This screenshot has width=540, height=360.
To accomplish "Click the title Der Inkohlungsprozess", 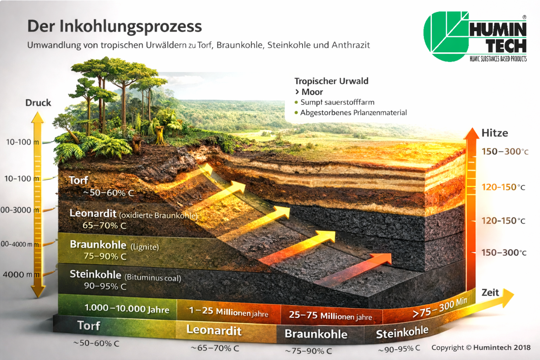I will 115,27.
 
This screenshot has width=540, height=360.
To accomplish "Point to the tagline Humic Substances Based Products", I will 498,59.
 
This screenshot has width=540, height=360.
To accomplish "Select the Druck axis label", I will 38,103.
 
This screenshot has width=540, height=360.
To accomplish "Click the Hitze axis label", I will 495,133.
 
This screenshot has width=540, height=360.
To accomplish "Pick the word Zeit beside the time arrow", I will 490,292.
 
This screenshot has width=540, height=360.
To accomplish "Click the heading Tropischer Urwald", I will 331,81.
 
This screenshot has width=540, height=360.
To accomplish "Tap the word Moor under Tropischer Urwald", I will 312,92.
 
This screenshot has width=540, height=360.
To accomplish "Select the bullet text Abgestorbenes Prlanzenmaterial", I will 353,113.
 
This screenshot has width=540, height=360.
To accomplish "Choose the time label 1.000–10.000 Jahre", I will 127,309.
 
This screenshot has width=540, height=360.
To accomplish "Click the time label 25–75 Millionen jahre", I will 330,316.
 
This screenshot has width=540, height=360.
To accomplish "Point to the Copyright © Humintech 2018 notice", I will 481,348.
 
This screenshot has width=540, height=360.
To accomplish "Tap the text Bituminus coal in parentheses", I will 153,277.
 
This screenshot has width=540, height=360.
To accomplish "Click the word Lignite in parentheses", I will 145,247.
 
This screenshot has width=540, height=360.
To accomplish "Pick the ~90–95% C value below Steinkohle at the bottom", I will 399,349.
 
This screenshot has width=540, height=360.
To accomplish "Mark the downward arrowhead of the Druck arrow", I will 38,292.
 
